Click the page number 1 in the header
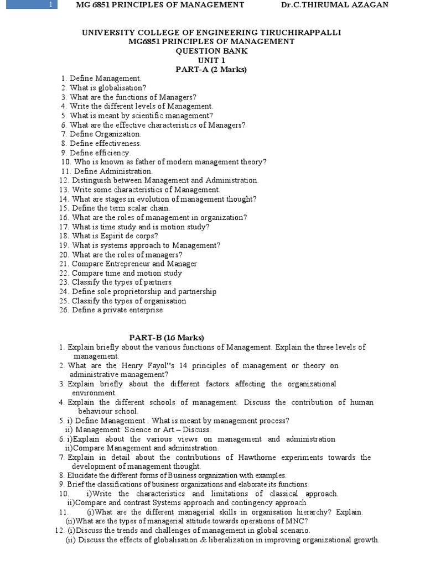[50, 5]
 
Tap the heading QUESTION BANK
[211, 51]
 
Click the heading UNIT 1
[211, 60]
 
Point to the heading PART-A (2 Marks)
[211, 70]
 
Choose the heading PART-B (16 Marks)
[167, 338]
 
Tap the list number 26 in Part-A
[63, 310]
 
